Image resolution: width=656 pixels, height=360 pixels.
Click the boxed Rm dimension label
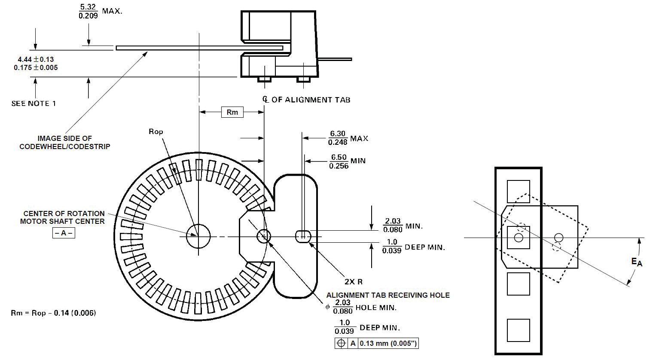click(x=232, y=112)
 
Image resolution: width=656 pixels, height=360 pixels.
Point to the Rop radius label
click(x=156, y=131)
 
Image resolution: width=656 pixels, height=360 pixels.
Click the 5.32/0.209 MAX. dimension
click(x=100, y=11)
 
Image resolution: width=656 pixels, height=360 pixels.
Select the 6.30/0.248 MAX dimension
click(x=348, y=138)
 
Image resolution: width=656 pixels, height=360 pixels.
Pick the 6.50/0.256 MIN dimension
click(x=348, y=161)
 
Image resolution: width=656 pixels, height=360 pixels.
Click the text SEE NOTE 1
click(x=34, y=104)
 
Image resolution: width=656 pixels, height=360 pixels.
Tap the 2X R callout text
click(x=354, y=282)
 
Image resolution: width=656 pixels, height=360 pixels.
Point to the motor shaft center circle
click(x=198, y=236)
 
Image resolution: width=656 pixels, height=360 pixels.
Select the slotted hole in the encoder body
click(x=303, y=236)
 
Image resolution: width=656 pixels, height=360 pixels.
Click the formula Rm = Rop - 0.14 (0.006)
click(x=53, y=313)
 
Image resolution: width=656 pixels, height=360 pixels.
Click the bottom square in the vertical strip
click(x=518, y=330)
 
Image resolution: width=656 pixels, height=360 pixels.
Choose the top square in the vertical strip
click(x=518, y=192)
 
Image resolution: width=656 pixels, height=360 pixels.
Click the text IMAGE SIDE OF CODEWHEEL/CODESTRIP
click(x=65, y=142)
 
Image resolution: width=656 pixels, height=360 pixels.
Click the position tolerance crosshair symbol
click(x=342, y=343)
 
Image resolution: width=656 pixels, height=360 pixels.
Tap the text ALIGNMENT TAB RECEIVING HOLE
click(x=388, y=295)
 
